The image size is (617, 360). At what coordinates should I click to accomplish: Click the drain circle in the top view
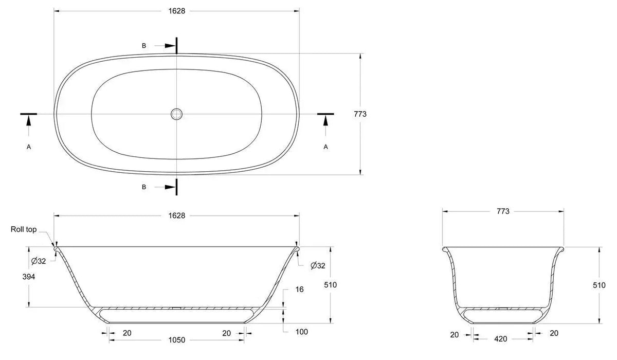tap(176, 109)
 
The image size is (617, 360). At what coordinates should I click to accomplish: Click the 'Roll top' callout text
tap(24, 229)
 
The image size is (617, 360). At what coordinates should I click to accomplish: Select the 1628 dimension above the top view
tap(177, 11)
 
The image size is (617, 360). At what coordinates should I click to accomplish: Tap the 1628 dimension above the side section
tap(177, 215)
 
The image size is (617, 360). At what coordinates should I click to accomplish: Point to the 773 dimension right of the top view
tap(360, 114)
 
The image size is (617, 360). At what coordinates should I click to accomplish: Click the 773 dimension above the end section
tap(503, 211)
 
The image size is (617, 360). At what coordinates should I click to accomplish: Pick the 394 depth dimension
tap(29, 277)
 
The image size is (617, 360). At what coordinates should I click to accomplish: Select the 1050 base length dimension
tap(177, 340)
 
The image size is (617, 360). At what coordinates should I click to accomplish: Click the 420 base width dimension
tap(500, 339)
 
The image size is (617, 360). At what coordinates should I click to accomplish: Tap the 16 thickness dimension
tap(299, 290)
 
